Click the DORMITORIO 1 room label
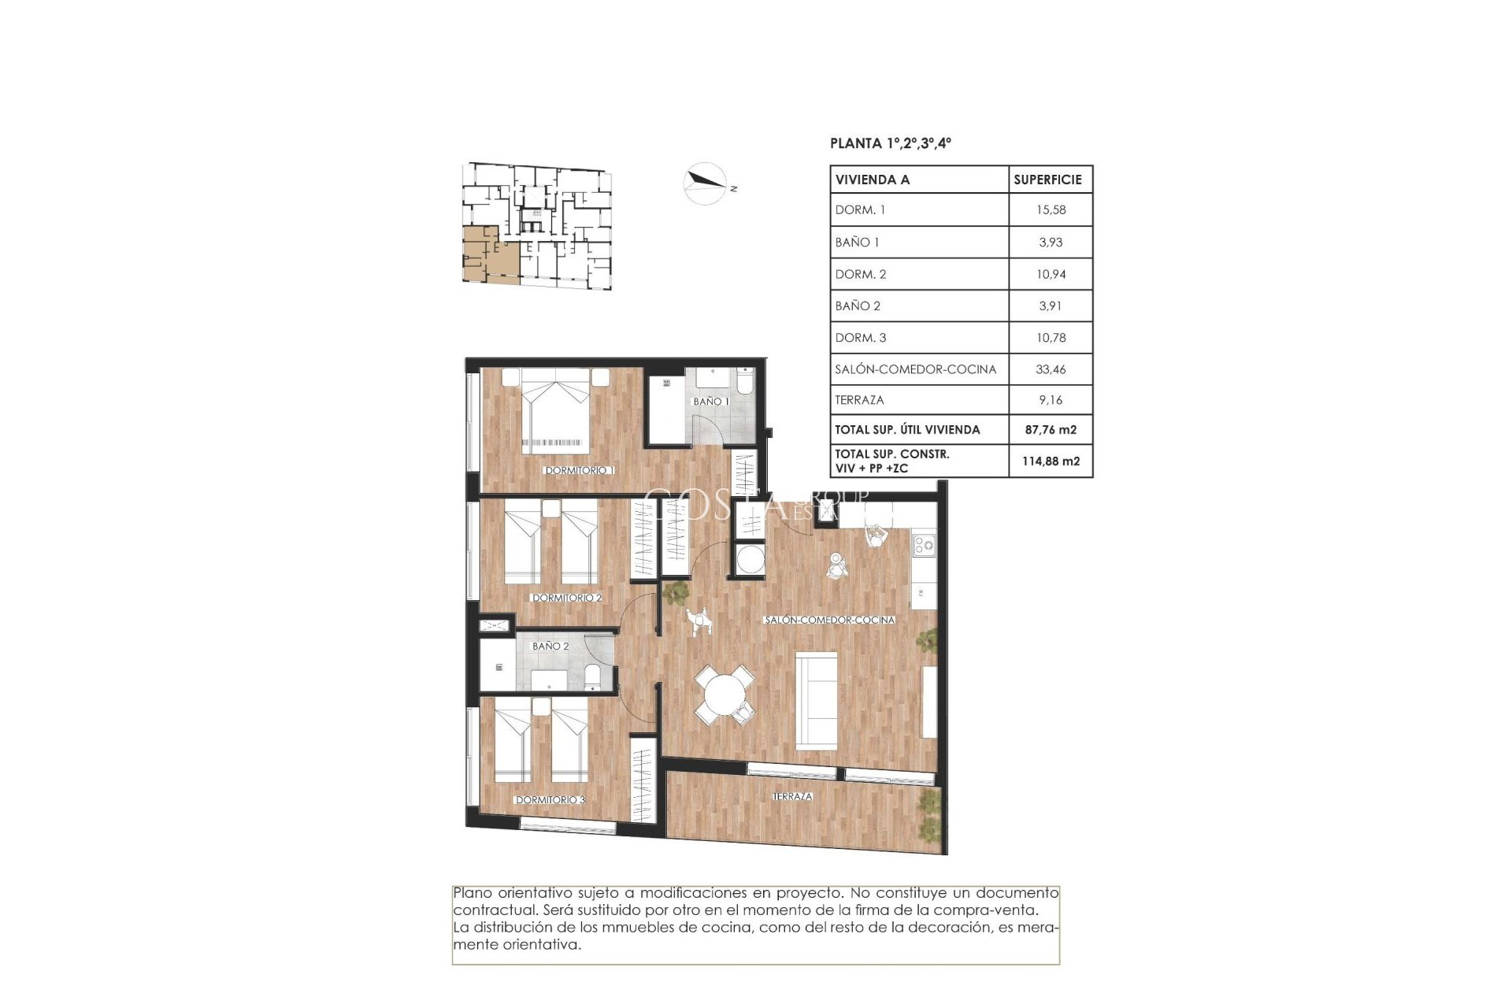click(579, 470)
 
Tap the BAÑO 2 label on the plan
click(550, 646)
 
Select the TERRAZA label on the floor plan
click(792, 796)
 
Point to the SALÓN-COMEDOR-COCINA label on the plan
click(829, 620)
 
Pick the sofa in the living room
click(816, 700)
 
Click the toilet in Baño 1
click(744, 382)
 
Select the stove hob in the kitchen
click(924, 543)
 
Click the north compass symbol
click(705, 183)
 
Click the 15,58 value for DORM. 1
click(1051, 209)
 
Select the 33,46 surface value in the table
click(1051, 369)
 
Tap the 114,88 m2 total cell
click(1051, 461)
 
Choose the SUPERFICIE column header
click(1047, 180)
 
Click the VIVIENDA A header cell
click(873, 180)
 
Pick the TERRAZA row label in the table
click(859, 400)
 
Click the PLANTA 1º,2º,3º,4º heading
click(891, 143)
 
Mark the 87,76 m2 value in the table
click(1051, 429)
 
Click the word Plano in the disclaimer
click(473, 893)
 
